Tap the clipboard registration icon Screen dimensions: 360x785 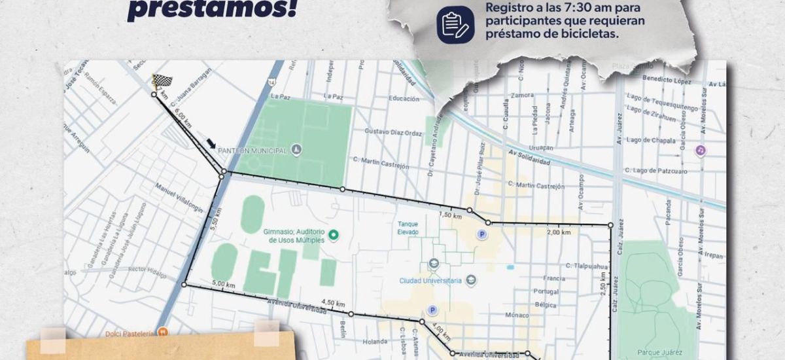pos(455,24)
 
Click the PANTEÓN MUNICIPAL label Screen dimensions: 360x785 pos(254,151)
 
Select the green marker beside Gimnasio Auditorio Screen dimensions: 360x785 pos(332,234)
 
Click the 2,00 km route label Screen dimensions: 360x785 pos(557,232)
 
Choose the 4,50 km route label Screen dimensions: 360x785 pos(332,303)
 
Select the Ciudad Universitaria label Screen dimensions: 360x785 pos(430,281)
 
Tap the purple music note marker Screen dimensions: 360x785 pos(701,150)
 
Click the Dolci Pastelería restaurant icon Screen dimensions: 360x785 pos(163,332)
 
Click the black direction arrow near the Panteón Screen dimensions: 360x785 pos(211,144)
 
